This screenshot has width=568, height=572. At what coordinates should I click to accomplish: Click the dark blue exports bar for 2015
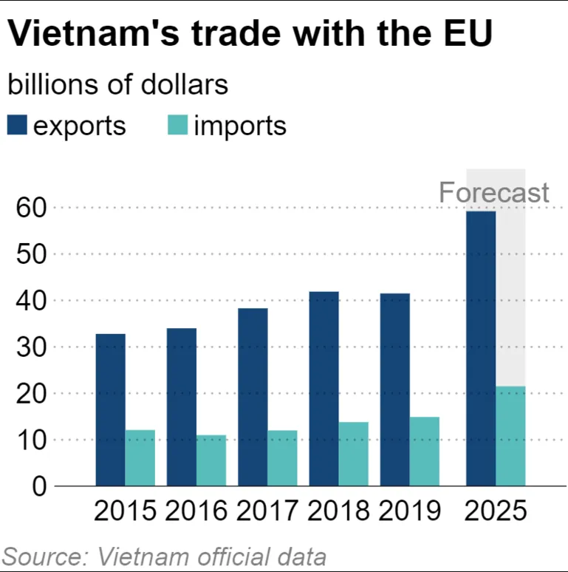110,409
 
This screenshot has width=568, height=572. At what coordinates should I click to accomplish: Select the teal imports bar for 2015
140,457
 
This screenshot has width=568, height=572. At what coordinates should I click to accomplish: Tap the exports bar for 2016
181,406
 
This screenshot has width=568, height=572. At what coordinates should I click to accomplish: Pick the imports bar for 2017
282,457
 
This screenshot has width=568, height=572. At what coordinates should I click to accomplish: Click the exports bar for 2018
324,389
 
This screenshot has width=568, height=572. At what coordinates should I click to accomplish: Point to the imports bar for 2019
425,451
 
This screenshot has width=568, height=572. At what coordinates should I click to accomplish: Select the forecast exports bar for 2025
481,348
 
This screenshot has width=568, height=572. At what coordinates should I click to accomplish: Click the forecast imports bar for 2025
510,435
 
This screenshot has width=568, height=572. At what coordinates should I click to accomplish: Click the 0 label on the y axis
39,486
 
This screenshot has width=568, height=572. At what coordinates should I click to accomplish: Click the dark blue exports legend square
17,126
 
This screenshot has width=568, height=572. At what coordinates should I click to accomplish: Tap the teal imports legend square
177,126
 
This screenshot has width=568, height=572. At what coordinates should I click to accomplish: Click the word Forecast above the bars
493,193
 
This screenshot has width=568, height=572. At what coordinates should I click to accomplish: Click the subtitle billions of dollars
117,85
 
